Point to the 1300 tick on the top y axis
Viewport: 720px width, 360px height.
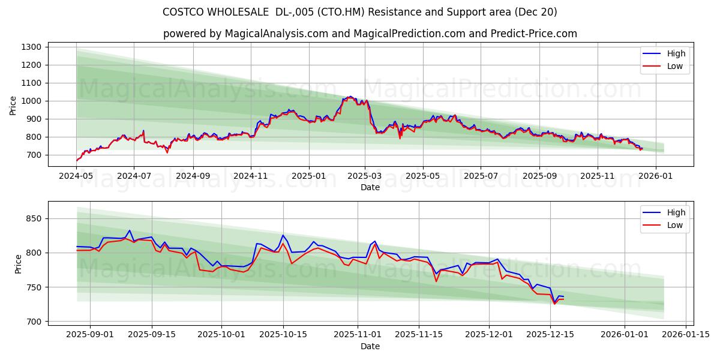coord(31,47)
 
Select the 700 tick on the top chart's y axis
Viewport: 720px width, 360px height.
coord(33,155)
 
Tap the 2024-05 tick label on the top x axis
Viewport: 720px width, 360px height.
coord(76,176)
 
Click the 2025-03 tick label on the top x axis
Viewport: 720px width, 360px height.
coord(365,176)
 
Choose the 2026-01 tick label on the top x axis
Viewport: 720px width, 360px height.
coord(655,176)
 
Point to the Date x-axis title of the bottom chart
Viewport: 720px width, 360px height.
coord(370,346)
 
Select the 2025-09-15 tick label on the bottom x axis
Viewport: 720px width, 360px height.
coord(152,334)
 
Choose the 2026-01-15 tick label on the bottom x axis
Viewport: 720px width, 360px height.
coord(686,334)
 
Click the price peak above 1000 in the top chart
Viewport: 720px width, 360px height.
coord(350,96)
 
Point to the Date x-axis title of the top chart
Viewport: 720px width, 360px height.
coord(370,187)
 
